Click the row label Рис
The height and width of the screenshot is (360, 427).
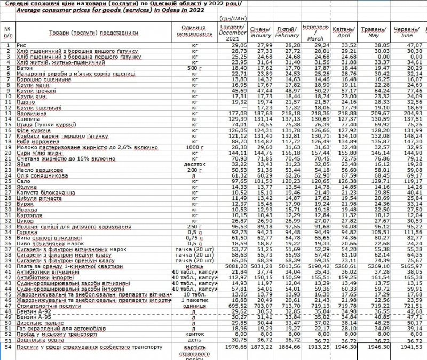(21, 45)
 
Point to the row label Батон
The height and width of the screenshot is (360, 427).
(25, 68)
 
